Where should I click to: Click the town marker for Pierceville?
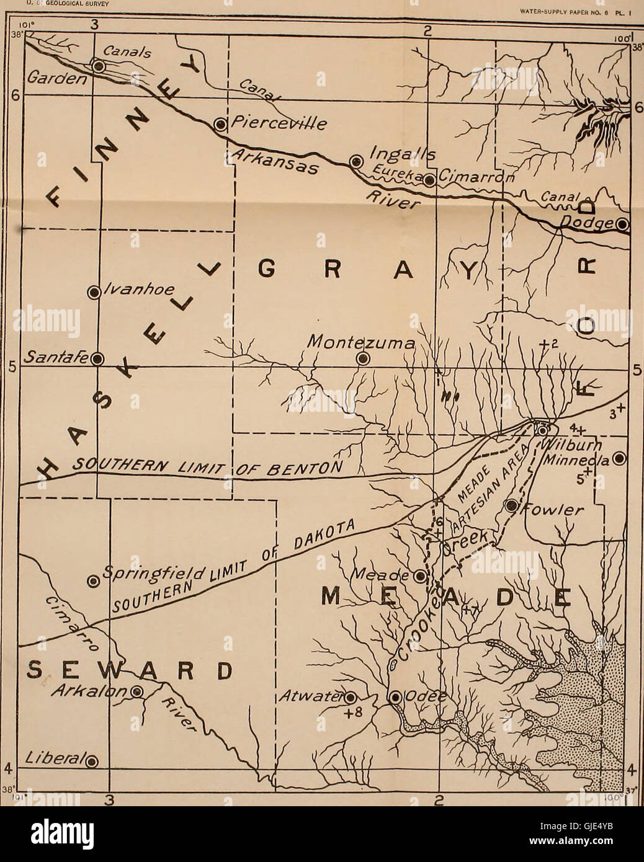point(220,125)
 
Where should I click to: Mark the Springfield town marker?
point(93,581)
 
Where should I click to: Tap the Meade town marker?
point(420,576)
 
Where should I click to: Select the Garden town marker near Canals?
point(98,65)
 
